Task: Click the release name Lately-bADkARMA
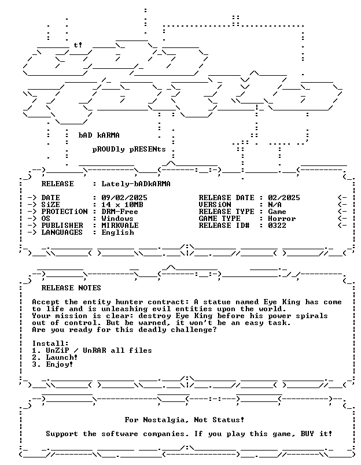click(x=136, y=184)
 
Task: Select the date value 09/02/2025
click(x=124, y=197)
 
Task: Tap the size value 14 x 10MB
click(x=122, y=205)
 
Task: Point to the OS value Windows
click(x=117, y=219)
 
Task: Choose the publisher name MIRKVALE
click(x=120, y=226)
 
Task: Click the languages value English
click(x=117, y=233)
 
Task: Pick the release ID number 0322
click(x=277, y=226)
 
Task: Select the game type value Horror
click(x=282, y=219)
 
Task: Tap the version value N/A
click(x=275, y=205)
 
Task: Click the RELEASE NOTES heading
click(x=71, y=288)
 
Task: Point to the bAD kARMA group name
click(x=99, y=135)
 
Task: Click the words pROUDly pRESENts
click(x=129, y=149)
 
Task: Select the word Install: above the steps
click(x=50, y=344)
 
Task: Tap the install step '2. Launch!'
click(x=55, y=357)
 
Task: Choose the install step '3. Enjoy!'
click(x=53, y=365)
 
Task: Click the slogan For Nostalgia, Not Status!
click(x=185, y=420)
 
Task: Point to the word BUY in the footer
click(x=307, y=434)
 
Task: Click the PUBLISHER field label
click(x=62, y=226)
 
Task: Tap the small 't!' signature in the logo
click(x=78, y=45)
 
